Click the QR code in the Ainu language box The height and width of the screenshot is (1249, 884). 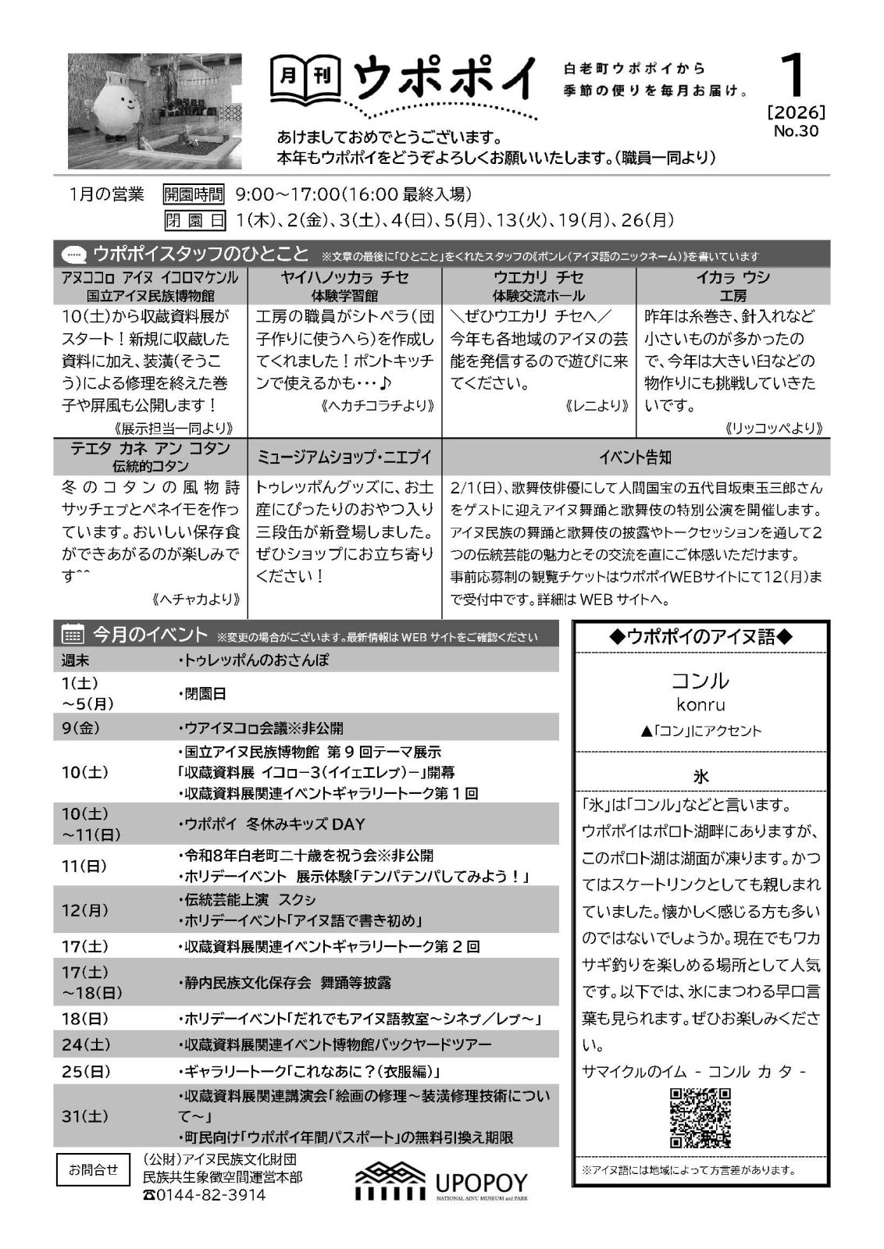[x=700, y=1117]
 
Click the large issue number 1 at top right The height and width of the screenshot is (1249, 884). [x=796, y=78]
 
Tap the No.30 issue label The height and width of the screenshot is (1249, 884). [x=796, y=131]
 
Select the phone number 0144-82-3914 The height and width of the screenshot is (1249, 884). [x=205, y=1195]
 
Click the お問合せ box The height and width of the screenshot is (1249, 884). [x=93, y=1169]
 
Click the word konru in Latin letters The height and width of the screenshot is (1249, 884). [x=700, y=705]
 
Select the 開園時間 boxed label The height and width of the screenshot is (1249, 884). [x=193, y=194]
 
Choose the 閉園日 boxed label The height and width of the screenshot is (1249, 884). [x=193, y=221]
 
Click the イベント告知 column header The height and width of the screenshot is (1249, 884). [x=635, y=457]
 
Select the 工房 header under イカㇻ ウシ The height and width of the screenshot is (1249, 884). [x=733, y=296]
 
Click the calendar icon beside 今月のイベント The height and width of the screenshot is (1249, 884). [x=73, y=635]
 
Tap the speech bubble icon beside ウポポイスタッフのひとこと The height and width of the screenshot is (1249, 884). [x=73, y=254]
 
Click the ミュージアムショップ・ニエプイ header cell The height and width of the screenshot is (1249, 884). [x=344, y=457]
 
